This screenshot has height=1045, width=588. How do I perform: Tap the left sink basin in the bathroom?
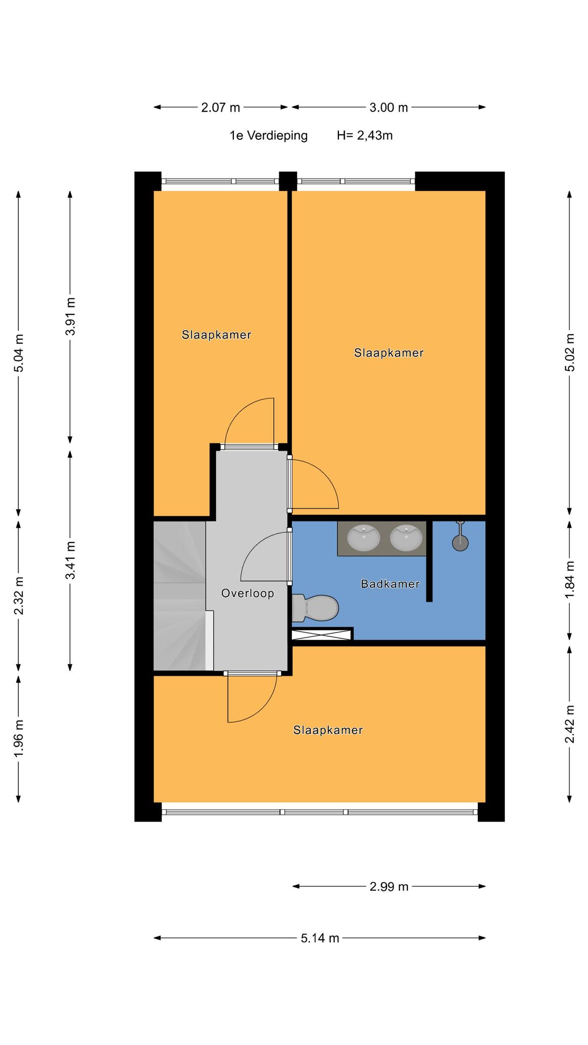[363, 538]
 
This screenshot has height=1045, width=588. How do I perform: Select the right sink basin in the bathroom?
[406, 538]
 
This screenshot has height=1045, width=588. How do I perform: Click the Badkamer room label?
[390, 584]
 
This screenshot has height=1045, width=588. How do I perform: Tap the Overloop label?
[248, 593]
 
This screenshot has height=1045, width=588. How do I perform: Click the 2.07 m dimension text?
[220, 107]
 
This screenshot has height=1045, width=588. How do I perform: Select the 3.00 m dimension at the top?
[389, 107]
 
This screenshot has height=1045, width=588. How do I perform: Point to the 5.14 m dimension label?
[320, 938]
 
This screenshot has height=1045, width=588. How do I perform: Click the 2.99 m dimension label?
[389, 886]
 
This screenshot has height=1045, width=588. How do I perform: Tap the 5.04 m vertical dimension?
[19, 353]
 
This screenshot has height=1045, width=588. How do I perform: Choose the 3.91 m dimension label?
[70, 316]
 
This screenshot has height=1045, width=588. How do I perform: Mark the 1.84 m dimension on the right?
[570, 580]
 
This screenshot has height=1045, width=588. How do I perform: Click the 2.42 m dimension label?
[570, 724]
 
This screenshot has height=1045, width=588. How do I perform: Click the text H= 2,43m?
[364, 136]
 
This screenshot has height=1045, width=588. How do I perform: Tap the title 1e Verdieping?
[268, 136]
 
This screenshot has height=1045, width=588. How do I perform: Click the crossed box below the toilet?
[322, 634]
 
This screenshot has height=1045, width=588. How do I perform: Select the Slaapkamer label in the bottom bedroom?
[328, 730]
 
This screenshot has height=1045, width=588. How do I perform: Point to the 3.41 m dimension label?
[70, 560]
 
